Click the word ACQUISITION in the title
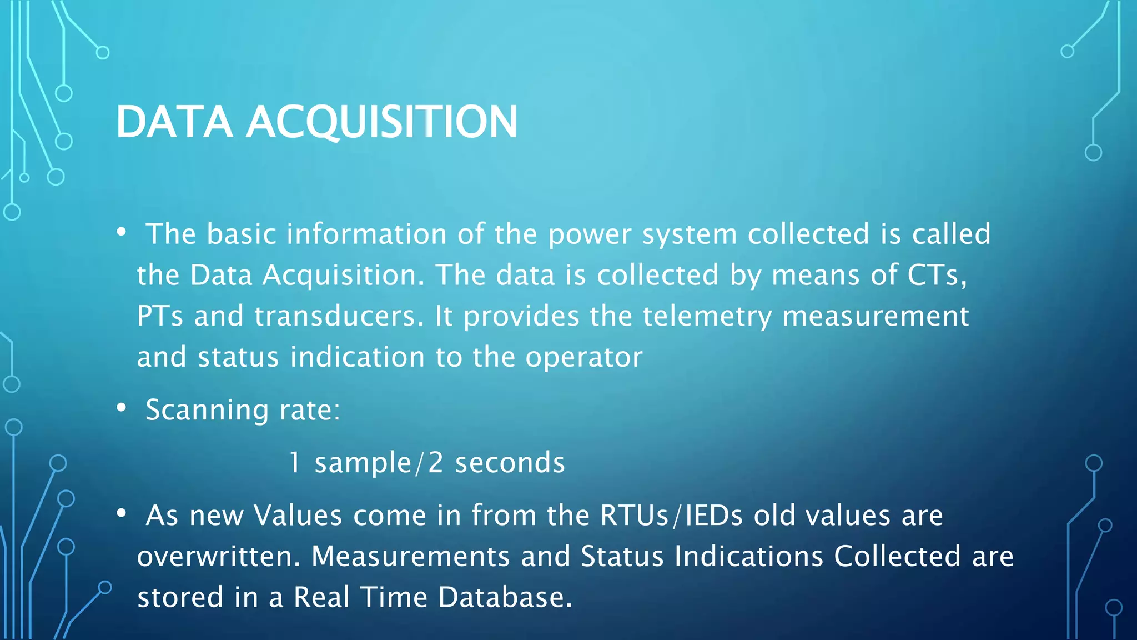[382, 122]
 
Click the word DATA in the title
[174, 122]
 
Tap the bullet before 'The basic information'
[122, 232]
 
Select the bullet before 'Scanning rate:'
[122, 408]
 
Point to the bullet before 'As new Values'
[122, 514]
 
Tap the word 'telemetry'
[707, 317]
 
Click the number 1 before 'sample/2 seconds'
[295, 463]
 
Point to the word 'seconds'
[510, 463]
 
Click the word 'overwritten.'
[219, 556]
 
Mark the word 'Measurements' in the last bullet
[410, 556]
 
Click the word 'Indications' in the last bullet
[748, 556]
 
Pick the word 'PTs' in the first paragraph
[160, 316]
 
